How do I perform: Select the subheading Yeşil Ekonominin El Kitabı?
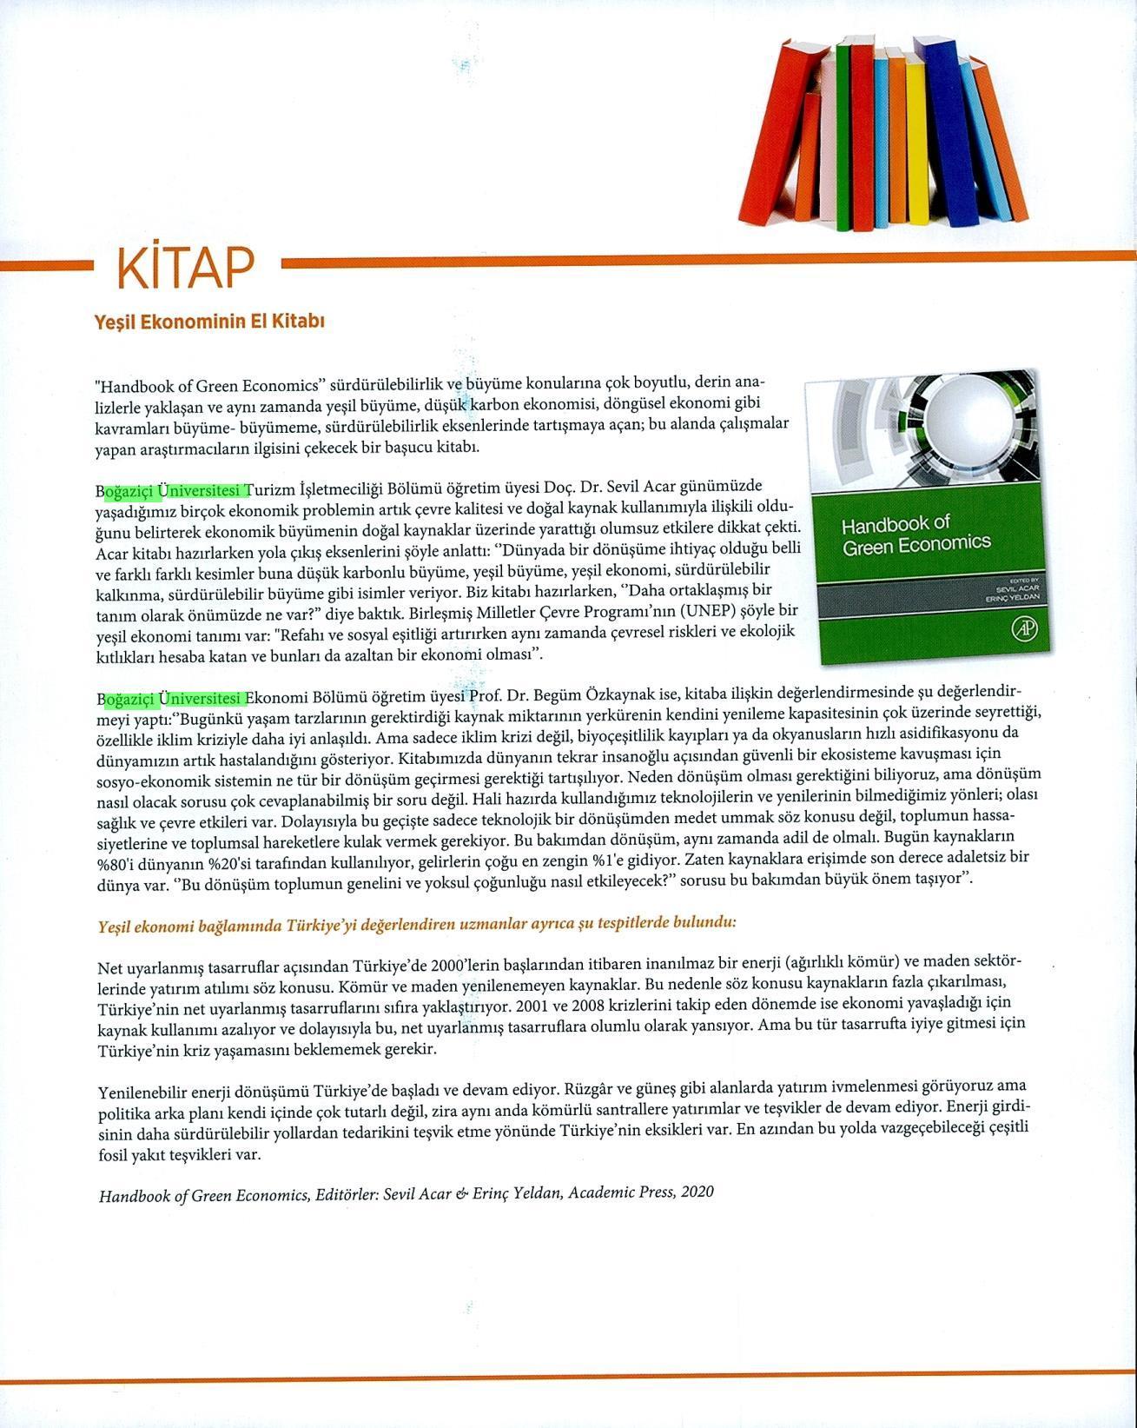pyautogui.click(x=209, y=322)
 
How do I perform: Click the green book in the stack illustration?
pyautogui.click(x=843, y=139)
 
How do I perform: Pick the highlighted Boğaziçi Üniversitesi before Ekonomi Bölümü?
pyautogui.click(x=172, y=698)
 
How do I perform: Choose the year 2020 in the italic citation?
pyautogui.click(x=697, y=1192)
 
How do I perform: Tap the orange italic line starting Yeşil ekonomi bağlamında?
pyautogui.click(x=417, y=923)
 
